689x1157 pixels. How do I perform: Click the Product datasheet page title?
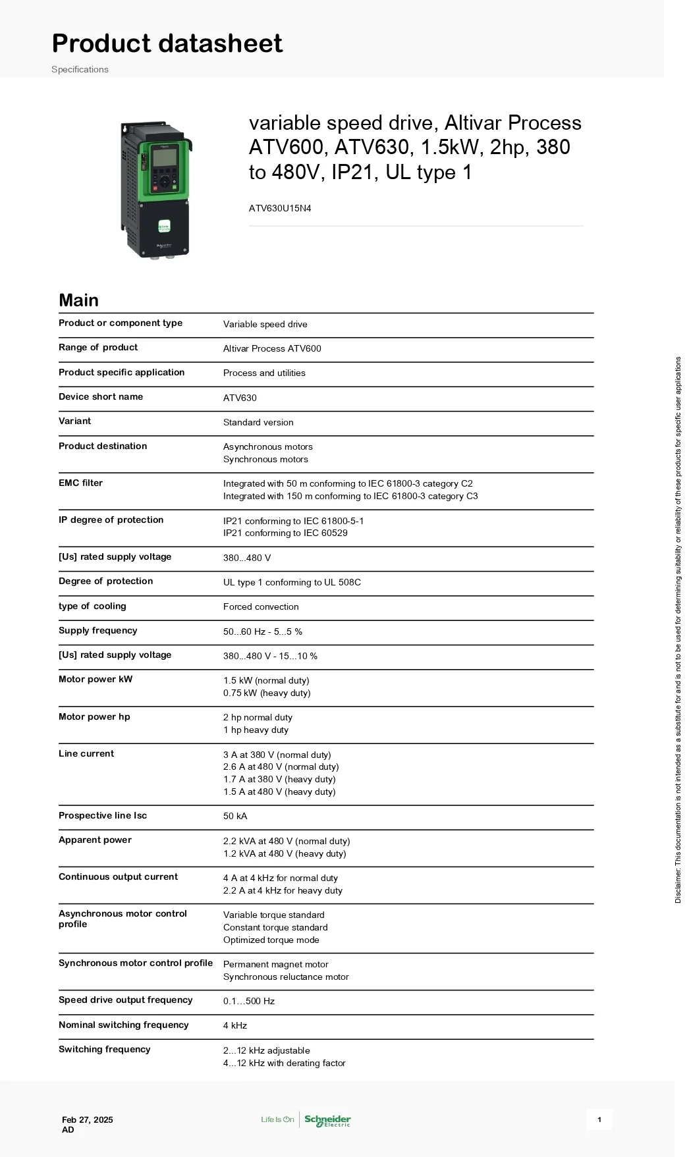[167, 43]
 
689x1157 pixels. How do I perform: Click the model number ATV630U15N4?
[280, 208]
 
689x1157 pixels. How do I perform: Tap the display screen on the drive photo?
[165, 157]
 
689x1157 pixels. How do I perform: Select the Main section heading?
[78, 300]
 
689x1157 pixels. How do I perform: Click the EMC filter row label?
[80, 483]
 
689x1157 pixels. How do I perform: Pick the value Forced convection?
[261, 606]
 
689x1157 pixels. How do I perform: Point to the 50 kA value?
[235, 816]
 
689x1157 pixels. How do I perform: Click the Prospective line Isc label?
[103, 815]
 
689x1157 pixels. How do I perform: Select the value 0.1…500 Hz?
[249, 1001]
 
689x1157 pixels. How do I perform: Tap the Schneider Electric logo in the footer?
[327, 1120]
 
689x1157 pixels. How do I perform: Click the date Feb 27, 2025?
[88, 1119]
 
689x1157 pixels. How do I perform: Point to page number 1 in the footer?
[599, 1119]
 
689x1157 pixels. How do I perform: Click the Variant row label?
[75, 421]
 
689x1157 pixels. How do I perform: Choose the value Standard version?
[258, 422]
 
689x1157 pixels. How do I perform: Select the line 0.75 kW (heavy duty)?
[267, 693]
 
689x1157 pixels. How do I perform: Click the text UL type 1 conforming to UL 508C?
[292, 582]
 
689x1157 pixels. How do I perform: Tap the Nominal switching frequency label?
[124, 1025]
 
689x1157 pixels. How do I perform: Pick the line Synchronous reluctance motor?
[286, 977]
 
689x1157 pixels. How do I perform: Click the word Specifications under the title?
[80, 69]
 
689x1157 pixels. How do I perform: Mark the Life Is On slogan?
[277, 1119]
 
